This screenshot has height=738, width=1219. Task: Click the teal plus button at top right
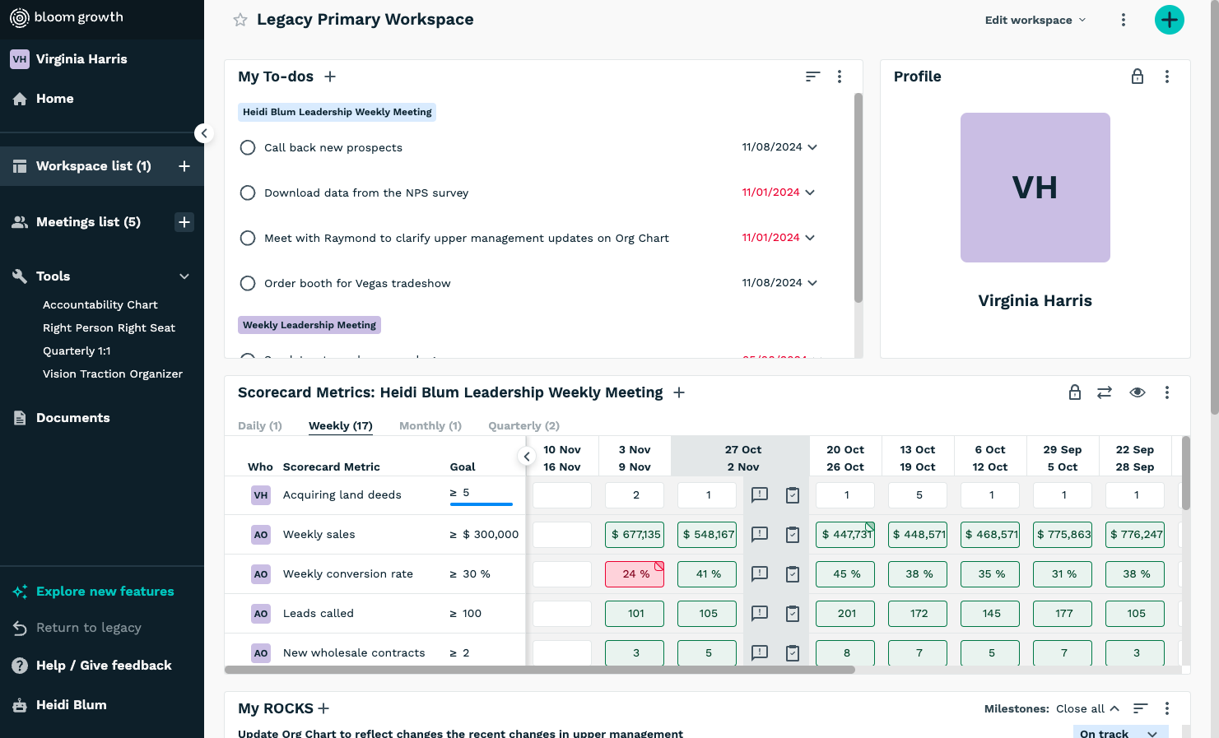point(1169,20)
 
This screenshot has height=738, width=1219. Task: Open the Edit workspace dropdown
point(1035,20)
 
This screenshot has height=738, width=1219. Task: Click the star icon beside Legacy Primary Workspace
point(240,20)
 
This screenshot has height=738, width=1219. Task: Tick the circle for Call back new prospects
point(248,147)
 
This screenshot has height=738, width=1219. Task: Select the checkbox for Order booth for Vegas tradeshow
point(248,283)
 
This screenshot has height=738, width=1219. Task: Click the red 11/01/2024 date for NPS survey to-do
point(770,193)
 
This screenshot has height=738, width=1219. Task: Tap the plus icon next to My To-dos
point(330,77)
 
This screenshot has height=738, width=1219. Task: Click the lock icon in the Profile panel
point(1138,77)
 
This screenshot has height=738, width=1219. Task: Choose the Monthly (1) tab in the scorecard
point(430,425)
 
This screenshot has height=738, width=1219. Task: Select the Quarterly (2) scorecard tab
point(523,425)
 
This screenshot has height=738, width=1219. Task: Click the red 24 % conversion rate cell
point(635,574)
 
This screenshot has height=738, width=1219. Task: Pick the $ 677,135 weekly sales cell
point(635,535)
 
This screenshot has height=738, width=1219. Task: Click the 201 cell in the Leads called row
point(845,614)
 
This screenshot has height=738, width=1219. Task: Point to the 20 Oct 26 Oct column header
point(845,458)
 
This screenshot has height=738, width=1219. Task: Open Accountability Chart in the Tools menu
point(100,304)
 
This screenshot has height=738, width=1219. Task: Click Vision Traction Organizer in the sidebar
point(113,374)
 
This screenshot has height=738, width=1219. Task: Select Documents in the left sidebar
point(72,418)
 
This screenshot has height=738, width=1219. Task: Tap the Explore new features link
point(105,592)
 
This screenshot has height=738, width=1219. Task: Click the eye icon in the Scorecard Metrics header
point(1138,392)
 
